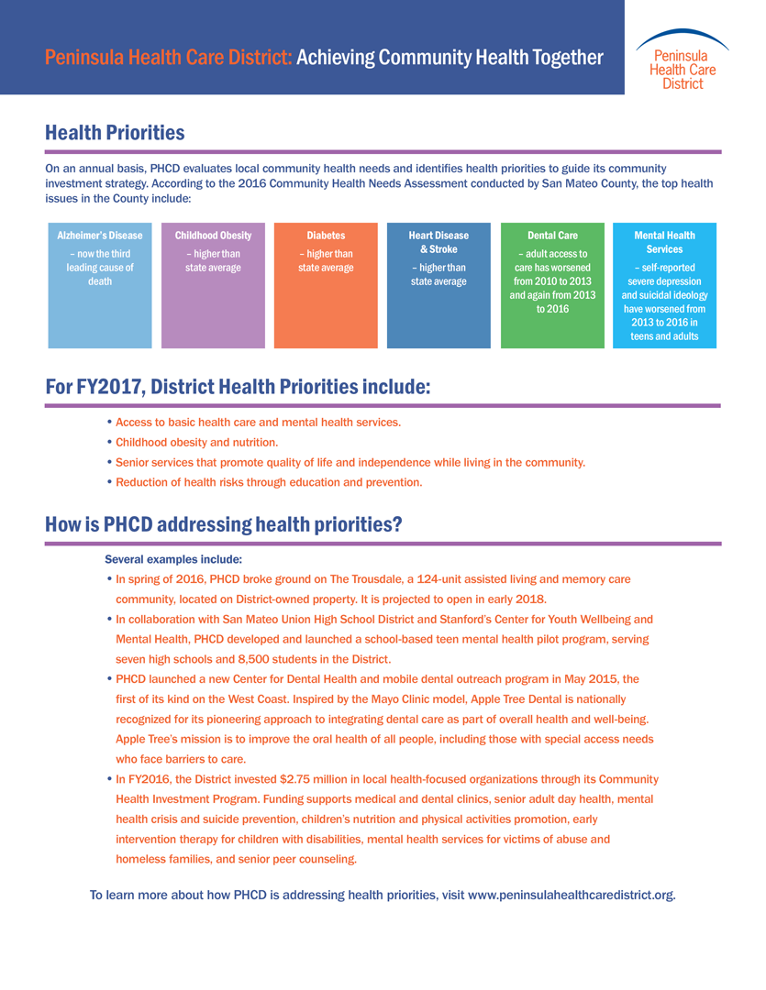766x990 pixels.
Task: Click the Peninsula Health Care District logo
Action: (x=683, y=60)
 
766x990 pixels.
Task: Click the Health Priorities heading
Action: (x=115, y=133)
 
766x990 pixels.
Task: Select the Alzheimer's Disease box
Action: (x=100, y=284)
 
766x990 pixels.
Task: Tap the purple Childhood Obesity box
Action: (x=213, y=284)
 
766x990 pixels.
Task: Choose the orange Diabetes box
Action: (x=326, y=284)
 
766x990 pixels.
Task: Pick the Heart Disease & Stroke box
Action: (x=439, y=284)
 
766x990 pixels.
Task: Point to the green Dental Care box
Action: (x=552, y=284)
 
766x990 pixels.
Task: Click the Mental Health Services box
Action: (x=664, y=284)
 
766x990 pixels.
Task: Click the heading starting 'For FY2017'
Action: (x=238, y=387)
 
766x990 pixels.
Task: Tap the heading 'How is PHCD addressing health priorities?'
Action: (x=224, y=525)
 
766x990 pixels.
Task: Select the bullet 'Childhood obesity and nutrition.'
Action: (x=195, y=442)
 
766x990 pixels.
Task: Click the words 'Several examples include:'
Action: (x=173, y=559)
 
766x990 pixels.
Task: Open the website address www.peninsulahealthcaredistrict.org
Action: (x=572, y=895)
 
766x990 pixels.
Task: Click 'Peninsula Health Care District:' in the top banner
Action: (x=168, y=58)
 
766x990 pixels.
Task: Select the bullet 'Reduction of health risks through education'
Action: (x=268, y=482)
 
